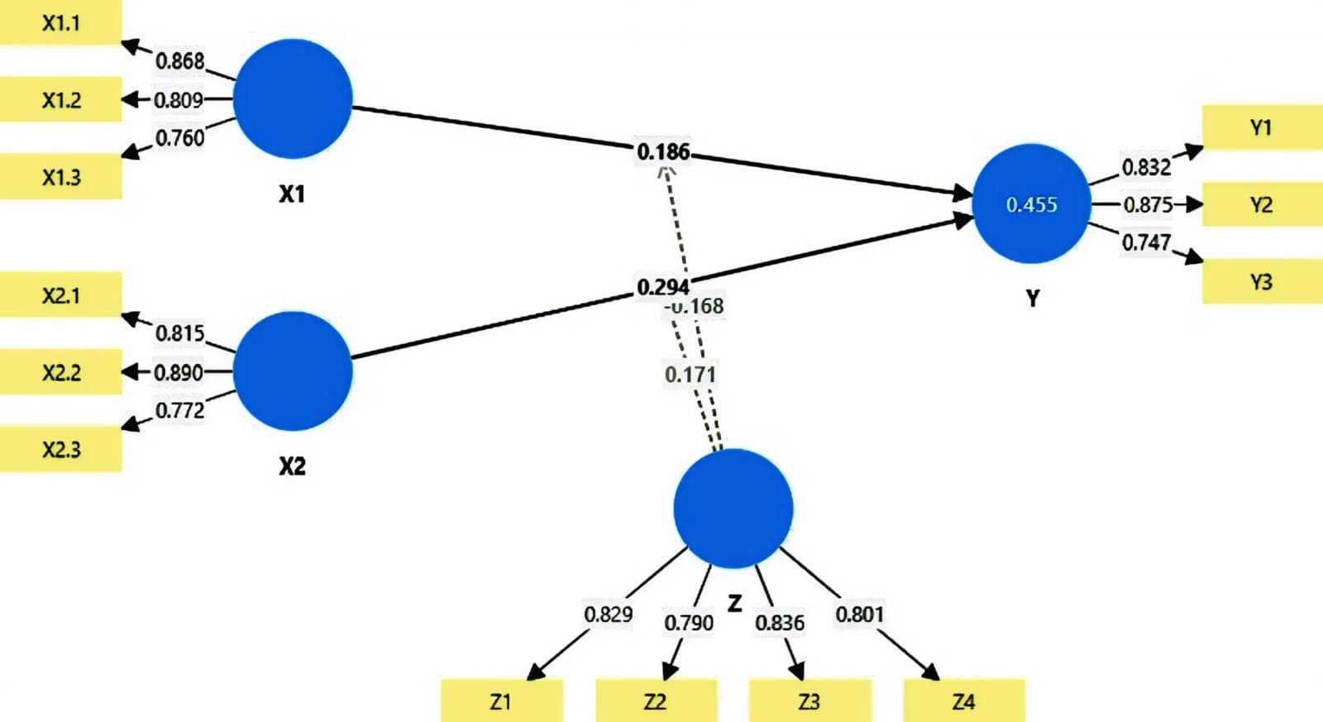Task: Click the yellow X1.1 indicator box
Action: [x=60, y=22]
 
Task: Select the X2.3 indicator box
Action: [x=60, y=449]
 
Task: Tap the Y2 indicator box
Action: [x=1261, y=204]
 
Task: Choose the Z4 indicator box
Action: [x=963, y=701]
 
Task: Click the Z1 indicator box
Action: [x=501, y=701]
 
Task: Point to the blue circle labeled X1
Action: [x=293, y=98]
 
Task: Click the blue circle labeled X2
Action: [x=293, y=371]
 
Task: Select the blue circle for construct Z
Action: [x=733, y=508]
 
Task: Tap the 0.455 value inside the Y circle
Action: [x=1031, y=204]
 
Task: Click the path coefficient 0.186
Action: [x=662, y=151]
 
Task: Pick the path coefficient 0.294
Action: [x=662, y=287]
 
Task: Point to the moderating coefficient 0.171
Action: [x=690, y=374]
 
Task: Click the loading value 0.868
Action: [x=179, y=60]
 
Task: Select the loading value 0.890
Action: [x=179, y=372]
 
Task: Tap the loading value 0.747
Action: [x=1146, y=242]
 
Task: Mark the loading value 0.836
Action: [x=779, y=622]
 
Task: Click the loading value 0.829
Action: [x=608, y=614]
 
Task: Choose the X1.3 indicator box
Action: [x=60, y=176]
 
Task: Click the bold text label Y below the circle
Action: [x=1032, y=298]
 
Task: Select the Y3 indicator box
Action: [x=1261, y=281]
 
